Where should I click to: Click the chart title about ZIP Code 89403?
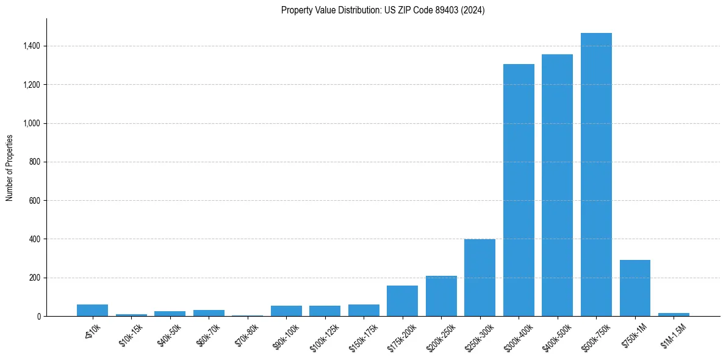(383, 10)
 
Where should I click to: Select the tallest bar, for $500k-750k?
(596, 175)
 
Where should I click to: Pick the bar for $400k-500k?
(557, 185)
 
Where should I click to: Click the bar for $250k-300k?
(480, 278)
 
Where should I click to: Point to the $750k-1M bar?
(634, 288)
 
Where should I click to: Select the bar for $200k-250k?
(441, 296)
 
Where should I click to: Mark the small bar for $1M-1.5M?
(674, 314)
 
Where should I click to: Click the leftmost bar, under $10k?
(92, 310)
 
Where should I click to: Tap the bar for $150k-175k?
(364, 310)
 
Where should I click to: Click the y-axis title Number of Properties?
(10, 168)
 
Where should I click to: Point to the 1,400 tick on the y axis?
(32, 46)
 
